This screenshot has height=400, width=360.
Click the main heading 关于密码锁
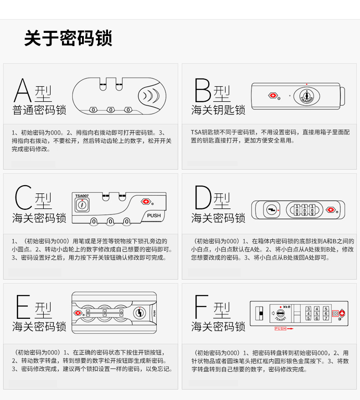[68, 38]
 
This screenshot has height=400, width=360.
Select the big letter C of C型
[23, 197]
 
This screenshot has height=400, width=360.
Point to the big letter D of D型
[203, 197]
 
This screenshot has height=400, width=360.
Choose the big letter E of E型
[23, 307]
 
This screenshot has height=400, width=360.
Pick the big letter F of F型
[201, 307]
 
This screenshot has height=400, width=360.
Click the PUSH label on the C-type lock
[154, 216]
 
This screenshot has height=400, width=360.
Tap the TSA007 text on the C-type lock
[82, 196]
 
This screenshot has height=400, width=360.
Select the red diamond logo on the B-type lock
[273, 96]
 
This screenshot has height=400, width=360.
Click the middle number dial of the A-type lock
[111, 110]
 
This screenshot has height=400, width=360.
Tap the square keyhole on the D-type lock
[271, 210]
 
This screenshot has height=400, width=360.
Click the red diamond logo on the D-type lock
[331, 210]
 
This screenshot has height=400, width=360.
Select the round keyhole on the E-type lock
[139, 313]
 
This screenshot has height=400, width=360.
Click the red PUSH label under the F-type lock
[280, 328]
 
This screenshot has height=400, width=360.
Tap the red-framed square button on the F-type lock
[335, 313]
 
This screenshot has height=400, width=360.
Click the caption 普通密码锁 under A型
[39, 110]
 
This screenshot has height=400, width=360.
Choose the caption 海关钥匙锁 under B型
[218, 110]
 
